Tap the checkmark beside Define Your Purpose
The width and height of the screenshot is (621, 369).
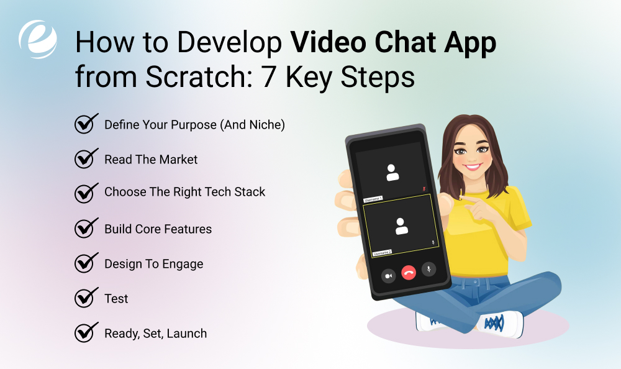[x=84, y=124]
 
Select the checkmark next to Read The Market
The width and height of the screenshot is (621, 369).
[x=84, y=159]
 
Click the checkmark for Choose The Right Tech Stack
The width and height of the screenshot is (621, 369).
[x=84, y=192]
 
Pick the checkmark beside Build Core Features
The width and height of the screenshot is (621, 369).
[x=84, y=229]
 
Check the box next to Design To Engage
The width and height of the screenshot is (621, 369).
[x=84, y=263]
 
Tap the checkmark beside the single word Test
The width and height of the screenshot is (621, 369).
[x=84, y=298]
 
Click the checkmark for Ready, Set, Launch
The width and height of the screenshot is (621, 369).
[x=84, y=333]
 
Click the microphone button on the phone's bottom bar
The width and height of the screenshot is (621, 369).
[x=428, y=269]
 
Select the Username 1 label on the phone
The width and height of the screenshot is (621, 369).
[x=373, y=199]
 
